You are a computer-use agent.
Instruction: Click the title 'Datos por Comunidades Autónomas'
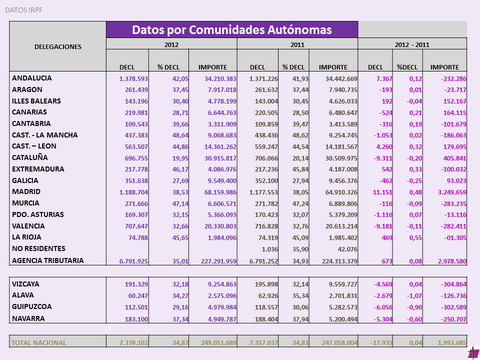click(231, 29)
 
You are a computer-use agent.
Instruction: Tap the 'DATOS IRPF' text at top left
click(24, 10)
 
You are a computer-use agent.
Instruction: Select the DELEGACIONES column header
click(58, 46)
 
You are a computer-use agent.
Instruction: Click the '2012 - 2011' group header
click(412, 44)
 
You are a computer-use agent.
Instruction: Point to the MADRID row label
click(26, 191)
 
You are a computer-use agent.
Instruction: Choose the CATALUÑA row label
click(30, 157)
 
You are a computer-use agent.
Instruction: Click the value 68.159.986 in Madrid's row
click(220, 192)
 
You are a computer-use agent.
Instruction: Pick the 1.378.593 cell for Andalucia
click(133, 78)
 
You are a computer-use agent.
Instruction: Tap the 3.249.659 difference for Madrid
click(452, 192)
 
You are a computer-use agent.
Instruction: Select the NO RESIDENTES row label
click(38, 248)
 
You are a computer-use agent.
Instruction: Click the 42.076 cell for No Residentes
click(347, 249)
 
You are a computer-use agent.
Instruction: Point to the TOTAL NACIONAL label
click(38, 342)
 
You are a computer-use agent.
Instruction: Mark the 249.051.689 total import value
click(218, 342)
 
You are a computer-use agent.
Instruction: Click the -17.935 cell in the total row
click(381, 342)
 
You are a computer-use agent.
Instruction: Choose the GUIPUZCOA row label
click(32, 306)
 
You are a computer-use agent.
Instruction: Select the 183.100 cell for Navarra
click(136, 319)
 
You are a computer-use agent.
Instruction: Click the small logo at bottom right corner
click(473, 354)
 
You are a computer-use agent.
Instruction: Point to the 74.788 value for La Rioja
click(138, 238)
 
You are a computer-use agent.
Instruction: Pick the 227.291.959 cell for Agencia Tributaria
click(218, 261)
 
